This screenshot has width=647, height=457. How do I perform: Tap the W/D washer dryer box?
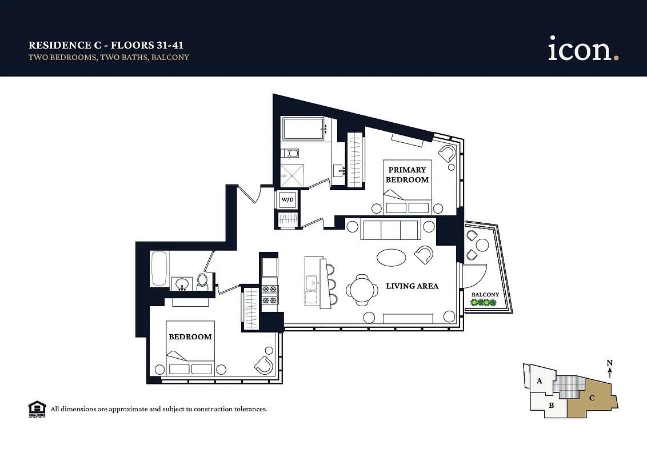pyautogui.click(x=287, y=199)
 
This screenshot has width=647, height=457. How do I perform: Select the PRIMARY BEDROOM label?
pyautogui.click(x=407, y=175)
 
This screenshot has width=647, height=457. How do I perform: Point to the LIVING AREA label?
pyautogui.click(x=412, y=286)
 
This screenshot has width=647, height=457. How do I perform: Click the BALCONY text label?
pyautogui.click(x=485, y=295)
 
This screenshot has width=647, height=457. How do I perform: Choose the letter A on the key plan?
pyautogui.click(x=539, y=381)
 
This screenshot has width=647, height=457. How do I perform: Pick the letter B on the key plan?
pyautogui.click(x=551, y=406)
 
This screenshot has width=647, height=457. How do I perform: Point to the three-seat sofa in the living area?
pyautogui.click(x=391, y=230)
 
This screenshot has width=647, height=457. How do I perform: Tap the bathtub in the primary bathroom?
pyautogui.click(x=303, y=128)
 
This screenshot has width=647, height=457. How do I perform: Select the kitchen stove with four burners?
pyautogui.click(x=269, y=294)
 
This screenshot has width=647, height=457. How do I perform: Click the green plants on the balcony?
pyautogui.click(x=483, y=303)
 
